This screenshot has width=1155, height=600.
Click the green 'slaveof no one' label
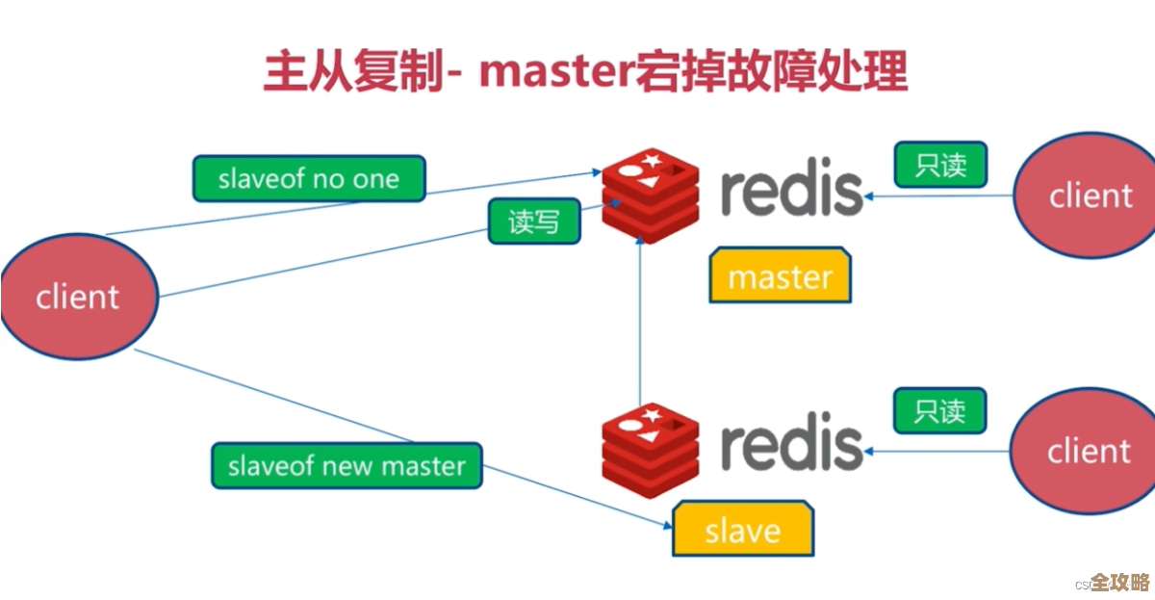pos(308,179)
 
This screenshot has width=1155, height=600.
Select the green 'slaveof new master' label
pos(346,466)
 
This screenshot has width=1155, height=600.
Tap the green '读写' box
pos(533,222)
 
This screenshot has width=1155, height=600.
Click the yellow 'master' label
pos(780,277)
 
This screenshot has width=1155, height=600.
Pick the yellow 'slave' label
pos(742,530)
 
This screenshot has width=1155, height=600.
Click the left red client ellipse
pos(78,297)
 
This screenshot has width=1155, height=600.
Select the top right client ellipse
pos(1088,196)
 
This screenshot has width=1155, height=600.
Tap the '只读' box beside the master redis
pos(940,165)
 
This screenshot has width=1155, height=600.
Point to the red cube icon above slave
pos(650,446)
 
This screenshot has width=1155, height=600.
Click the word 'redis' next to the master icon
pos(791,190)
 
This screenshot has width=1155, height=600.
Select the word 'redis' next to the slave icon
pos(791,444)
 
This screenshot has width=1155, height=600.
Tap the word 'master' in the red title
pos(553,73)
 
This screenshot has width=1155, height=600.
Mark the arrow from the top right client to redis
pos(938,196)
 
